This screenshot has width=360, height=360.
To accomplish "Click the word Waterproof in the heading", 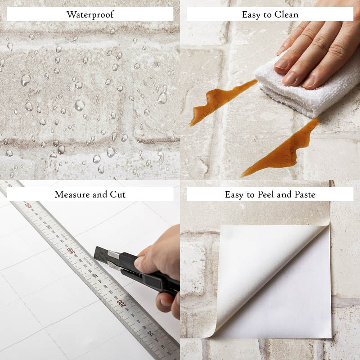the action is (90, 15).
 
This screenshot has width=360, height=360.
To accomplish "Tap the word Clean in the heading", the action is (286, 15).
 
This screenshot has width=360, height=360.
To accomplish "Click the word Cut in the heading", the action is (117, 195).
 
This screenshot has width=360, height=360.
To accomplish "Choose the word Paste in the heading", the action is (305, 195).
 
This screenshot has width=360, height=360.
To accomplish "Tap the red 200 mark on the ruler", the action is (121, 303).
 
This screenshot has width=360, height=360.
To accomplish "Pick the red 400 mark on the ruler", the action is (28, 206).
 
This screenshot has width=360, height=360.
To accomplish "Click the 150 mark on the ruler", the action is (150, 333).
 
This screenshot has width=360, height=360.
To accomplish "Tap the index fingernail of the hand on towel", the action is (282, 63).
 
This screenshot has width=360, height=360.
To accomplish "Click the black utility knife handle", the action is (147, 273).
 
